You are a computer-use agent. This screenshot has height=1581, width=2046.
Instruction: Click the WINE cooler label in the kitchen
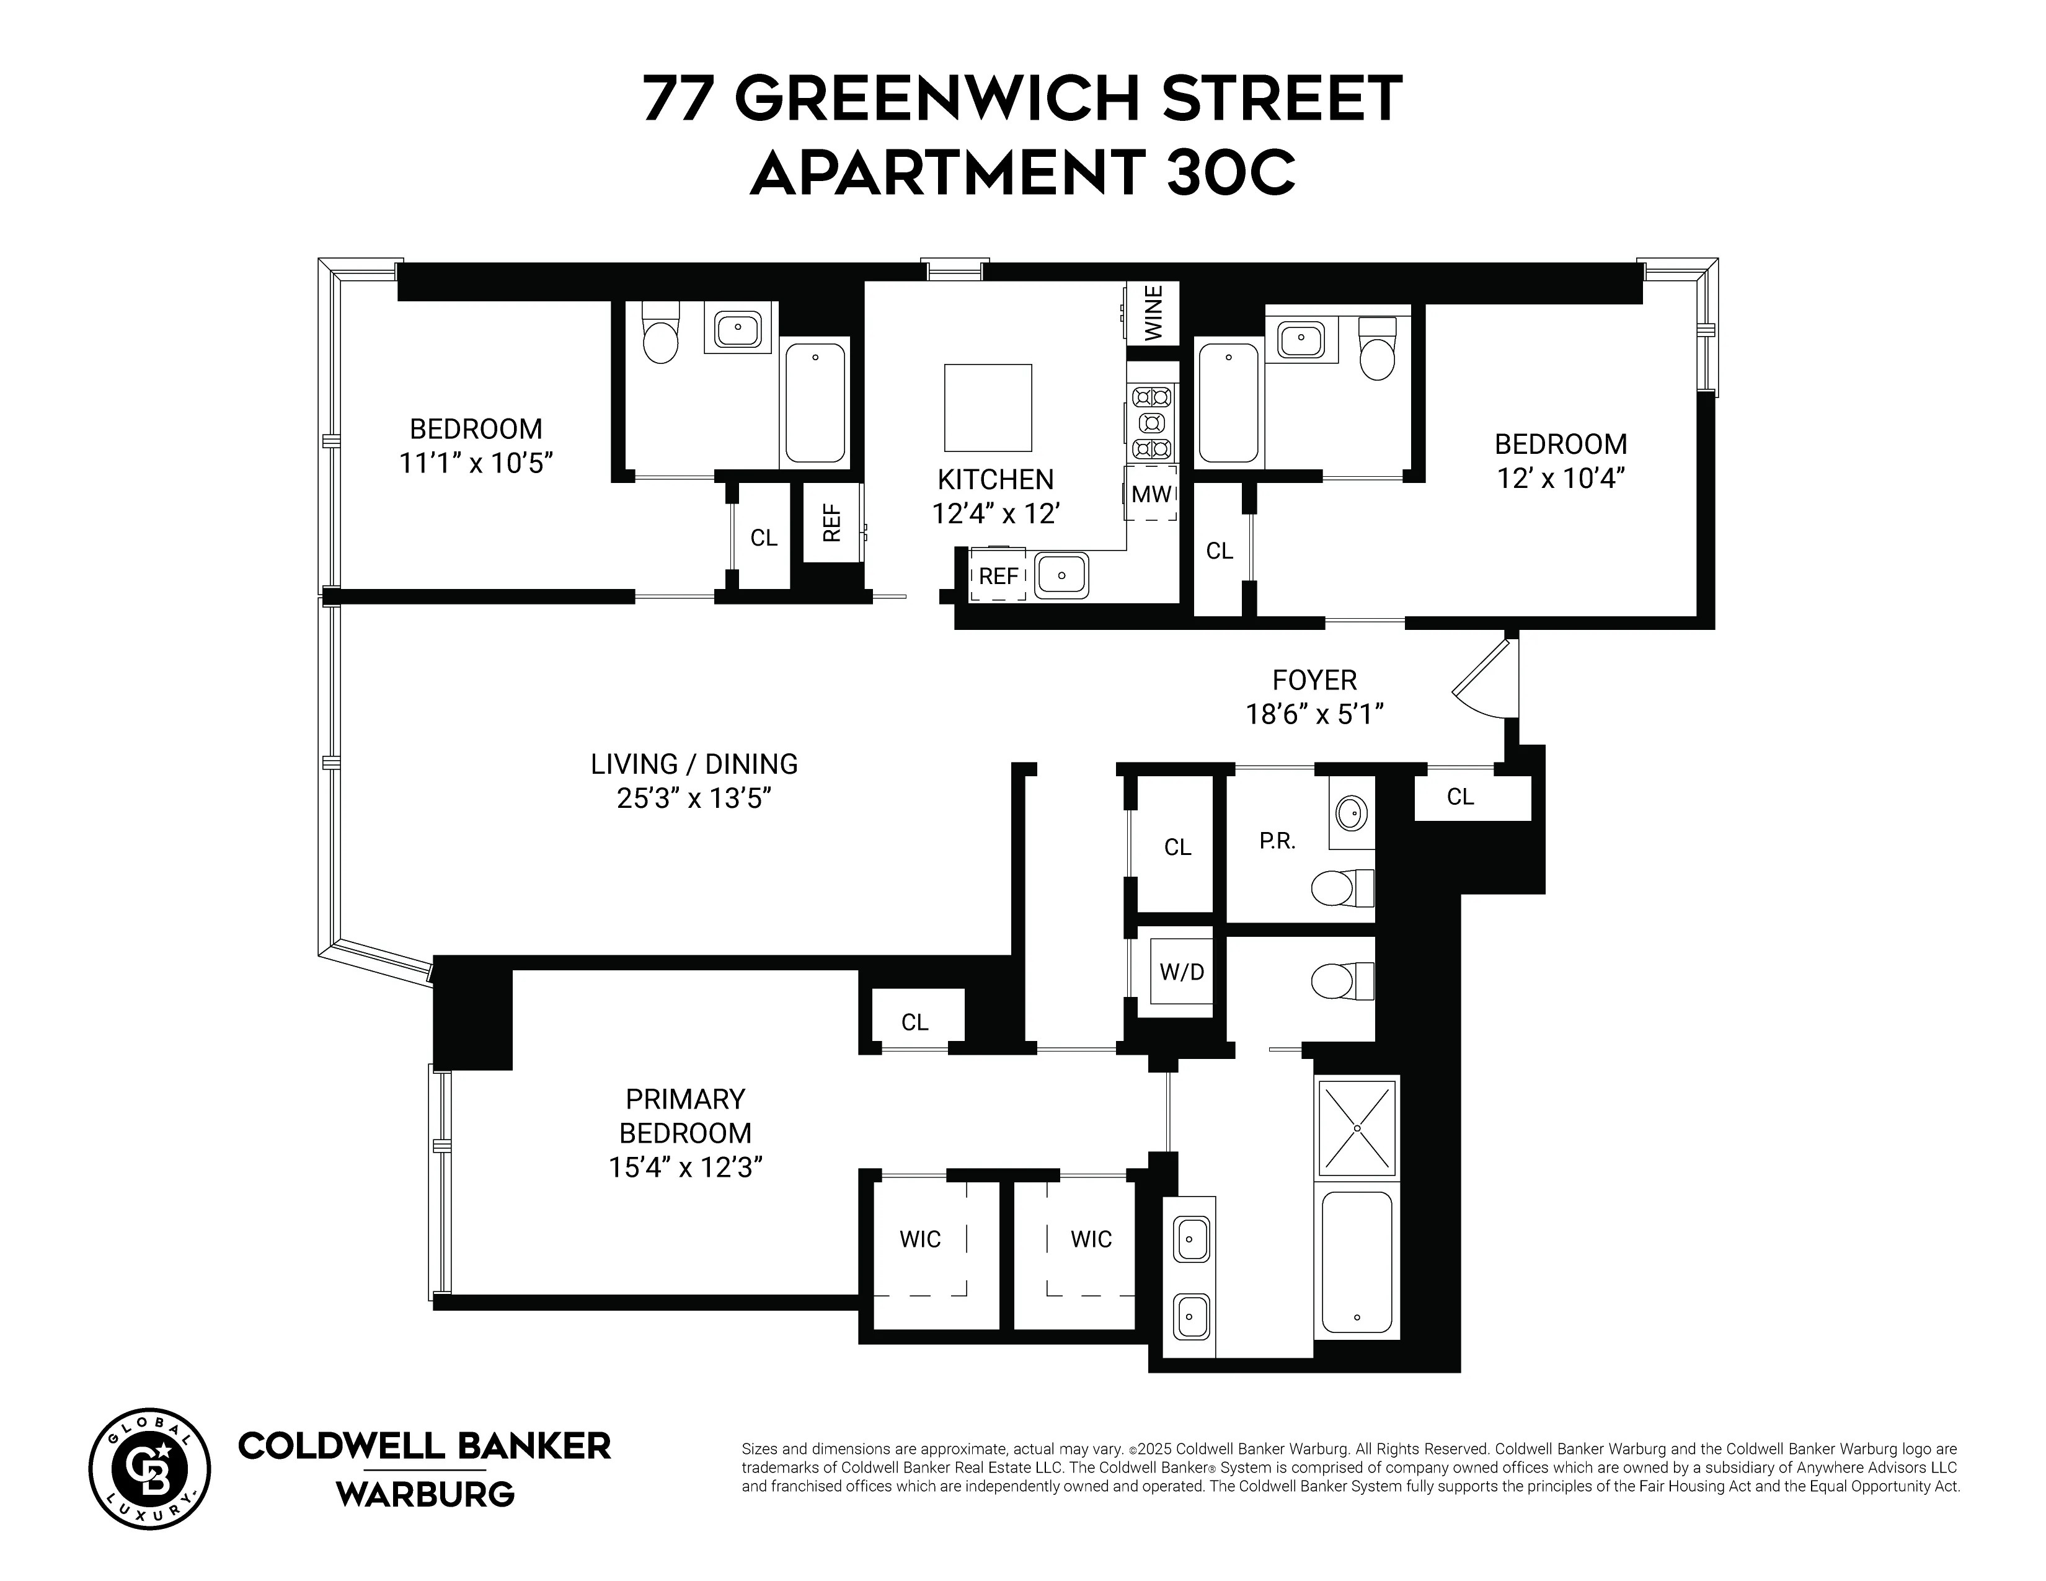(1153, 313)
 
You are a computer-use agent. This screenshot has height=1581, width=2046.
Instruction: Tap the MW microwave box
(1151, 494)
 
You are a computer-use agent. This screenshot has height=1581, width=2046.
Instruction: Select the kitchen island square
(988, 407)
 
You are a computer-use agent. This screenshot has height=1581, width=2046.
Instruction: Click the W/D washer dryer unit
(1181, 972)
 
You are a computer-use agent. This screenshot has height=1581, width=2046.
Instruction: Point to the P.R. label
(1277, 841)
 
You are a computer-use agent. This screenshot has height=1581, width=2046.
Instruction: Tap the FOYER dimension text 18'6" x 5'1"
(1314, 715)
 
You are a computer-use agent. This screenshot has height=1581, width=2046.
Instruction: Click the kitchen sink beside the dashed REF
(1062, 573)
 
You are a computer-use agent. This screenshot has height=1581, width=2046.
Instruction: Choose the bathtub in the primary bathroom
(1357, 1260)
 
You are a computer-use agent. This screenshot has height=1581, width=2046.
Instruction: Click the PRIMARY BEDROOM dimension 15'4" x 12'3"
(685, 1168)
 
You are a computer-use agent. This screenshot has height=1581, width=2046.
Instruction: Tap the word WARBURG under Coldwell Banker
(425, 1495)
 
